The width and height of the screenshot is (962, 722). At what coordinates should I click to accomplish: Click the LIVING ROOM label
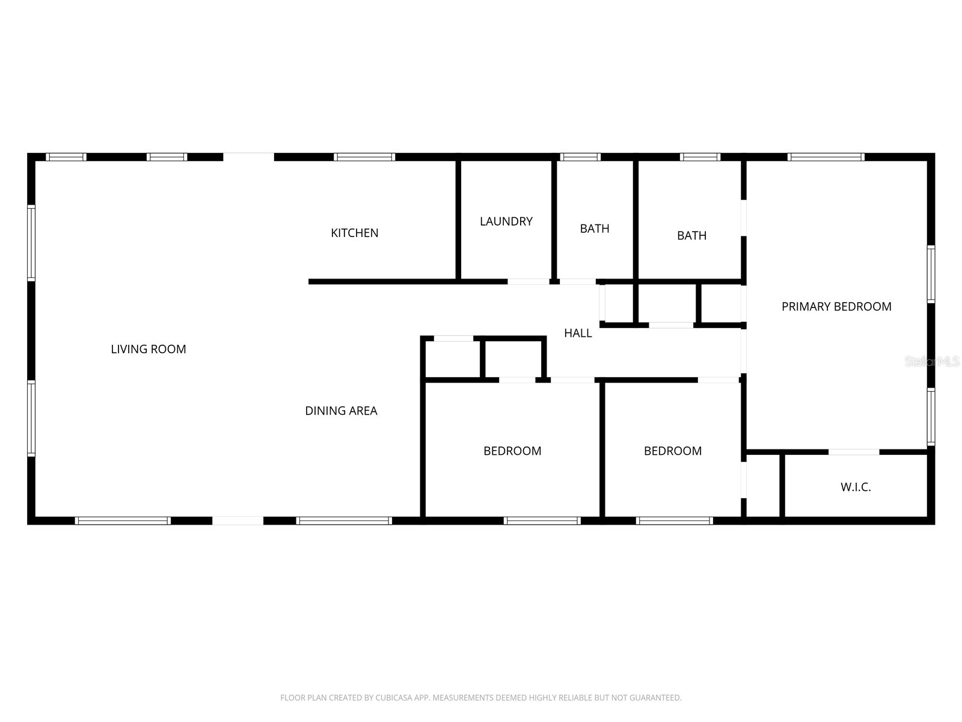(149, 349)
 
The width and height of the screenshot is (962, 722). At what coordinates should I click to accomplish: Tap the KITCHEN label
(355, 233)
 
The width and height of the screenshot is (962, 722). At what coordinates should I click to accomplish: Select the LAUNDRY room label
(506, 221)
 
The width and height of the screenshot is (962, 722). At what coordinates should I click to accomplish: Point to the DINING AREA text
(341, 411)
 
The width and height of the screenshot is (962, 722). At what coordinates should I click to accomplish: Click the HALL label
(578, 333)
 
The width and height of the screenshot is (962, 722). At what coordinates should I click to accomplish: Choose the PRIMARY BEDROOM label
(836, 307)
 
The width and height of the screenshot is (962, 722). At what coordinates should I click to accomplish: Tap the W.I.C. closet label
(856, 487)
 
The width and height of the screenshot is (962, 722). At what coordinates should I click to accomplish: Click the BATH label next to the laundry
(595, 229)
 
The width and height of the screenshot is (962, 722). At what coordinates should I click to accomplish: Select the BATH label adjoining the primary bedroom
(691, 236)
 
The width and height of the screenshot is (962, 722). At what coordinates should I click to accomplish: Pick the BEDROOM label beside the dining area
(512, 451)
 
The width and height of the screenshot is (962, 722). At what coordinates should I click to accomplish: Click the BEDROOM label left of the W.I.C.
(673, 451)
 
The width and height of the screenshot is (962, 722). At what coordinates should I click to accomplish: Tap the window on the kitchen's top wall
(364, 158)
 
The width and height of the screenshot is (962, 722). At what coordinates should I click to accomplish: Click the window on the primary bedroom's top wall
(826, 158)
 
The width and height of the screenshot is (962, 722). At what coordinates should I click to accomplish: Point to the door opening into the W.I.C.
(854, 452)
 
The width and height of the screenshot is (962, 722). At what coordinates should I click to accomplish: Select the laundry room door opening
(528, 282)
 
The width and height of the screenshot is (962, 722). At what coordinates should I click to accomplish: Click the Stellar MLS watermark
(933, 362)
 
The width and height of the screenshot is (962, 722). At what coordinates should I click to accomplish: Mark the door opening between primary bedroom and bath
(744, 218)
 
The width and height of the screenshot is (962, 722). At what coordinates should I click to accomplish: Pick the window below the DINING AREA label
(344, 521)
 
